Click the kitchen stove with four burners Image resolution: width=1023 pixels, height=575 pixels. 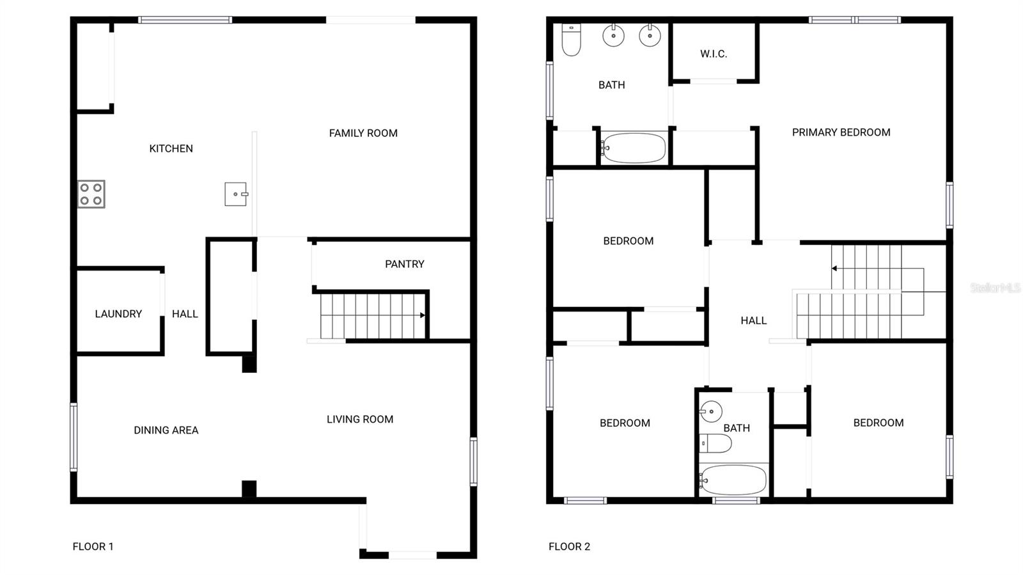click(x=91, y=194)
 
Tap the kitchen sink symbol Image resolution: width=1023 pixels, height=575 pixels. click(x=236, y=194)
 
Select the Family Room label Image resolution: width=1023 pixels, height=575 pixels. click(x=363, y=133)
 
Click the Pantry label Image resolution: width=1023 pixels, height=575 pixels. click(x=404, y=264)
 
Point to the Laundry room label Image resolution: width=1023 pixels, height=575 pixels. click(x=118, y=314)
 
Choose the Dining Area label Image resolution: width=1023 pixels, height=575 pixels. click(x=166, y=430)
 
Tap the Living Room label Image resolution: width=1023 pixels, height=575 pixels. click(x=360, y=420)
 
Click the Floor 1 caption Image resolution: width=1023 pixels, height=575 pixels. click(x=93, y=546)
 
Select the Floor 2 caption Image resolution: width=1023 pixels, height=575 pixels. click(x=569, y=546)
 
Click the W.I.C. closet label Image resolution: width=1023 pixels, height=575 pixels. click(x=714, y=54)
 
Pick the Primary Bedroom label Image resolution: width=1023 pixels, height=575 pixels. click(x=841, y=132)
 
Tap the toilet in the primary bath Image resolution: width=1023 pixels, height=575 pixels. click(x=571, y=40)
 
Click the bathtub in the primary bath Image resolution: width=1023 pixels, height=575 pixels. click(x=634, y=148)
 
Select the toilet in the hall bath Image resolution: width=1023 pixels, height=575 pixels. click(x=715, y=443)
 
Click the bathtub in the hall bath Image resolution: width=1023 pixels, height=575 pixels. click(x=733, y=480)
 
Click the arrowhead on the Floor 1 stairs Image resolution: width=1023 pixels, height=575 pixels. click(x=422, y=315)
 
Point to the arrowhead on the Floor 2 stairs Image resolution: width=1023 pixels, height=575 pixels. click(x=834, y=269)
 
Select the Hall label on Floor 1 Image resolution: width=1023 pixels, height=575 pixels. click(x=185, y=314)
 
